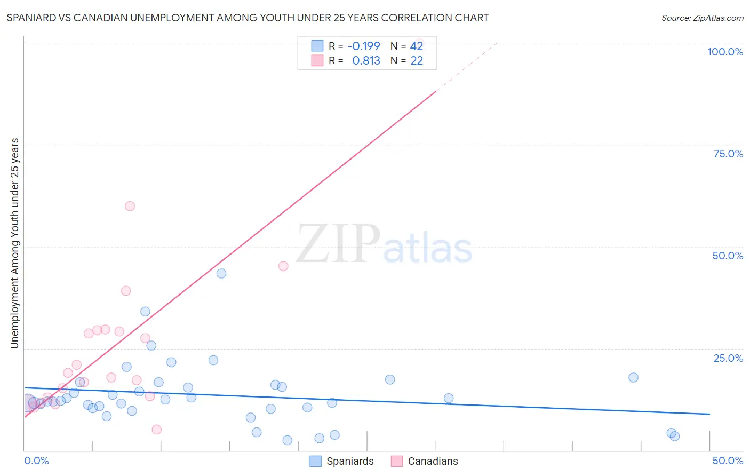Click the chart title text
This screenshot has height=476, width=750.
coord(248,18)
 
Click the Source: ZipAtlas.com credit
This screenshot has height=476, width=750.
coord(702,18)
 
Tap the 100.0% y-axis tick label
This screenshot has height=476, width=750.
coord(725,52)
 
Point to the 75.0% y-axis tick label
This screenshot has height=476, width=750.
coord(728,154)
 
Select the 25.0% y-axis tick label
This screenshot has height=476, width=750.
coord(728,358)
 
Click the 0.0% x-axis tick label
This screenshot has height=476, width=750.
coord(36,461)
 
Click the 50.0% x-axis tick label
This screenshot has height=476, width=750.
coord(727,461)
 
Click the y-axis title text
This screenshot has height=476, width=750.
coord(14,243)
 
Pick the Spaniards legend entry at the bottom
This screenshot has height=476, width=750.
coord(342,461)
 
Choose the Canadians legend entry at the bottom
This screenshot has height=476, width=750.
coord(425,461)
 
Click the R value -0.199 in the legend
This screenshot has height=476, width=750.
coord(363,46)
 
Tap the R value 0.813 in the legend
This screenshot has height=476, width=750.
coord(366,61)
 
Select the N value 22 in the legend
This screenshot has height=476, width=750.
coord(417,61)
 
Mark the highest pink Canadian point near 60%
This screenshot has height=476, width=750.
coord(130,206)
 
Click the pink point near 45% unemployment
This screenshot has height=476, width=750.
coord(283,266)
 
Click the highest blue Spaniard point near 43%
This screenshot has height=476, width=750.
coord(221,273)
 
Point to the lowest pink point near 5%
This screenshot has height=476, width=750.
coord(156,430)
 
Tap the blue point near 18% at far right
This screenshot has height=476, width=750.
coord(633,377)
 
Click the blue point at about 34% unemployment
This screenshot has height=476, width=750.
coord(145,312)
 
